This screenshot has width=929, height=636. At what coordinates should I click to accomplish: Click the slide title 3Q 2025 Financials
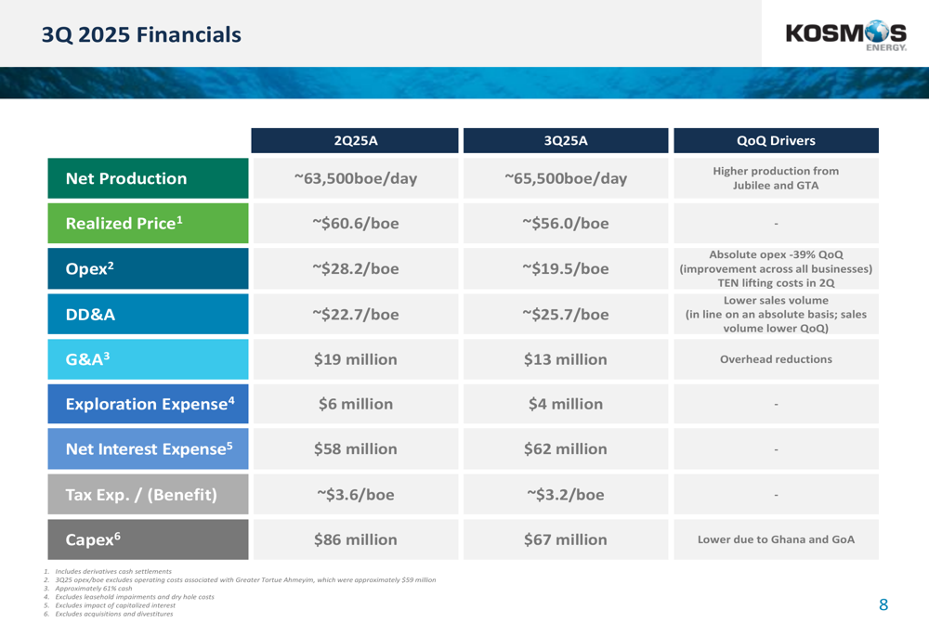click(141, 35)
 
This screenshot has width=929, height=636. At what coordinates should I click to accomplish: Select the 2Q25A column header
click(355, 141)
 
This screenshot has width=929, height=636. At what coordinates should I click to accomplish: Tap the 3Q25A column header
click(565, 141)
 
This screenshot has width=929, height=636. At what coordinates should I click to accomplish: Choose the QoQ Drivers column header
click(775, 141)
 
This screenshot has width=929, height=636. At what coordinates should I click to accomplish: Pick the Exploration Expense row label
click(149, 404)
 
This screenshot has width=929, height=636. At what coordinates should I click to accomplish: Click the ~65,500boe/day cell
click(565, 178)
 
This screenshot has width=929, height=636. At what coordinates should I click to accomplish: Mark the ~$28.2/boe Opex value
click(355, 269)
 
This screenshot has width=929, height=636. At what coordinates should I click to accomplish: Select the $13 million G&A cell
click(565, 359)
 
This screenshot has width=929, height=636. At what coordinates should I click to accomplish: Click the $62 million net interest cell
click(565, 449)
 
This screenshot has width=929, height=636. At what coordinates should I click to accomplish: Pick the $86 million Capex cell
click(355, 539)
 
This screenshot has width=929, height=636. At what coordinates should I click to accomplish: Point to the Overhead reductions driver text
click(775, 359)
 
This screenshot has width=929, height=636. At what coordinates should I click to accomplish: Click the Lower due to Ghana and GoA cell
click(775, 539)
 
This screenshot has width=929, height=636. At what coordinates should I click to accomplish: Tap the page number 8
click(883, 605)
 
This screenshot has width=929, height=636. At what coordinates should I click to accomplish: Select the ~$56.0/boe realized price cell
click(565, 224)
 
